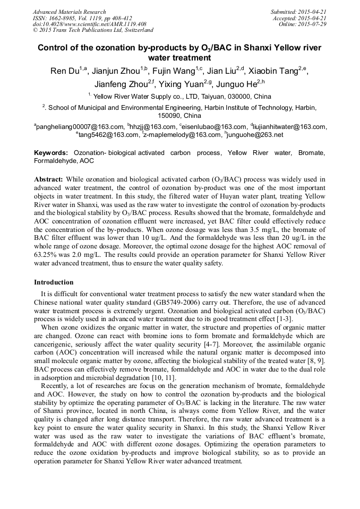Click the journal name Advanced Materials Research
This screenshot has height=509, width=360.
pyautogui.click(x=69, y=12)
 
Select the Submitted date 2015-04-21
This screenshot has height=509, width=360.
pyautogui.click(x=312, y=12)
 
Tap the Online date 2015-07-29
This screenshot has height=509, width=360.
pyautogui.click(x=312, y=24)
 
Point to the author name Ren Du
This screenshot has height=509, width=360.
pyautogui.click(x=63, y=72)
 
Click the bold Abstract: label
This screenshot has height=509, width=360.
pyautogui.click(x=49, y=179)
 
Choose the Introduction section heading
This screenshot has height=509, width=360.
pyautogui.click(x=54, y=282)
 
